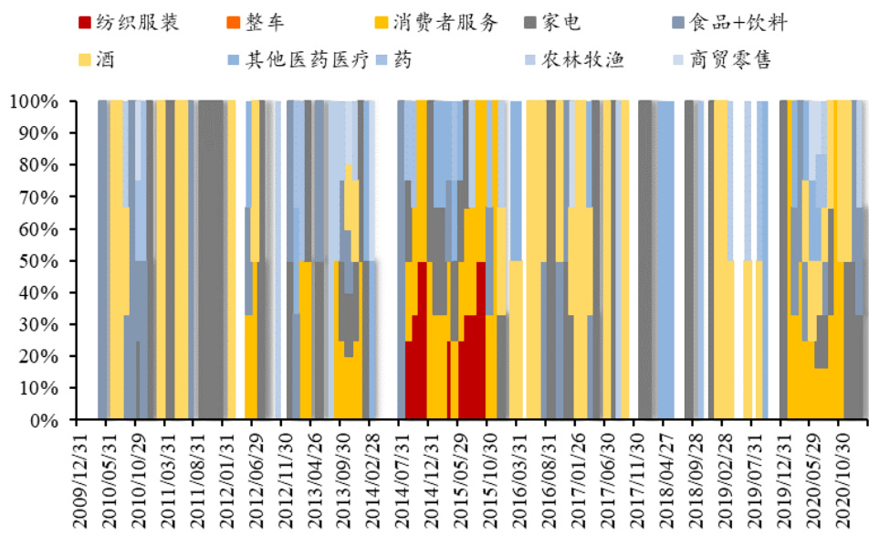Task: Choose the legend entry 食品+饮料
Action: [739, 23]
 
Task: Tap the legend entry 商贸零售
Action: [738, 61]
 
